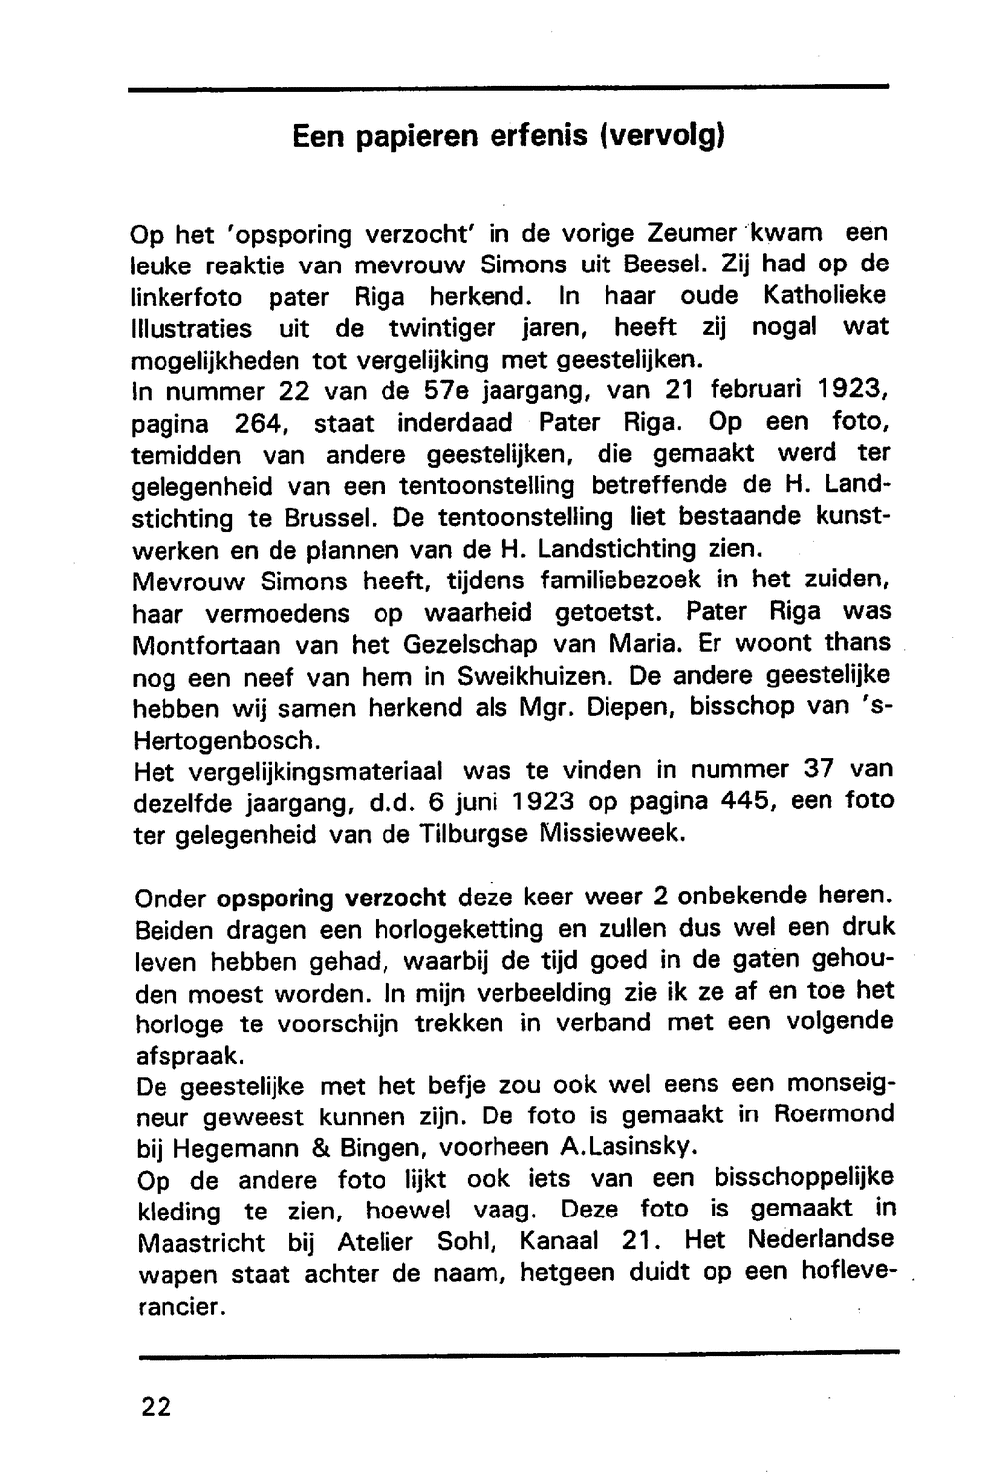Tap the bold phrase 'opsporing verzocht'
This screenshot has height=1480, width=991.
331,899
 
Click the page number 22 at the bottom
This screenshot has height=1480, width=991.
156,1407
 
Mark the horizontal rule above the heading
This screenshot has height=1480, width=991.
508,90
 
